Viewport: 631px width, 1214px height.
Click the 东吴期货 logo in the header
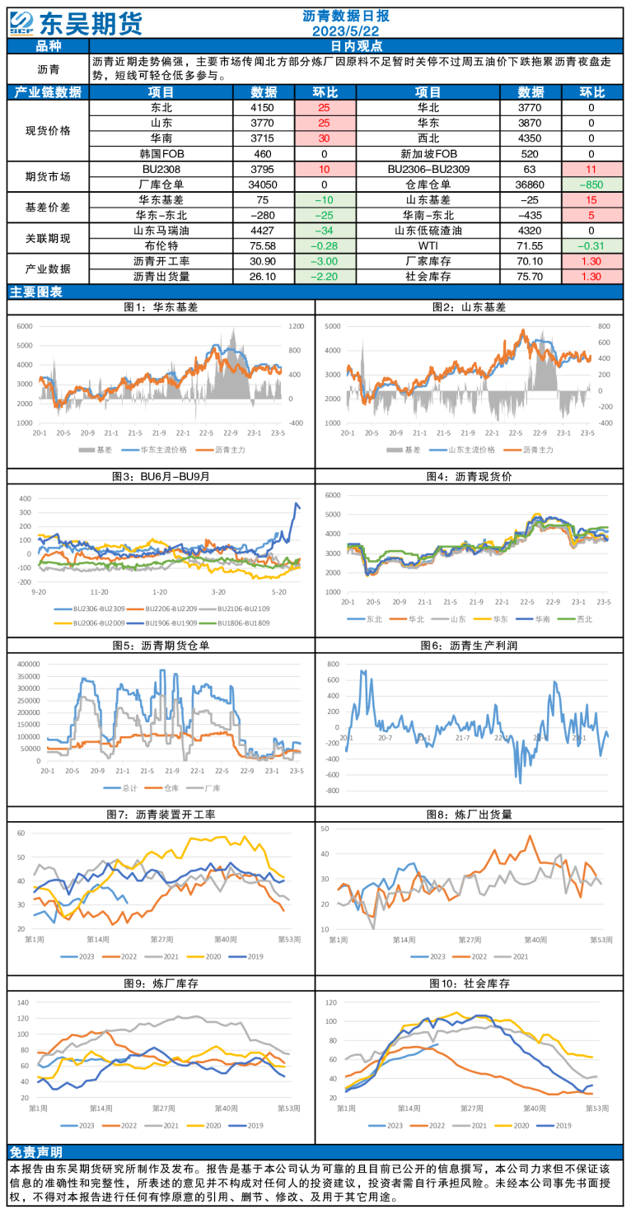(76, 23)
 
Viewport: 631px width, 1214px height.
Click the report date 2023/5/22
(345, 31)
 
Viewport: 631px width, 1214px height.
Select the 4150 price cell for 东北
(263, 108)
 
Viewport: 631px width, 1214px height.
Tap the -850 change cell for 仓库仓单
(591, 184)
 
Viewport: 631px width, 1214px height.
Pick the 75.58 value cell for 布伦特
(263, 246)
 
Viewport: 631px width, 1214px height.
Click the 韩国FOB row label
(161, 154)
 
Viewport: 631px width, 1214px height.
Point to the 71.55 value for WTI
(530, 246)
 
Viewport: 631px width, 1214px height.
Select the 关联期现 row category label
(49, 239)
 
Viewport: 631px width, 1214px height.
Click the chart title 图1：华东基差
(161, 307)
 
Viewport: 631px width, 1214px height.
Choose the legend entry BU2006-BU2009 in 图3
(90, 623)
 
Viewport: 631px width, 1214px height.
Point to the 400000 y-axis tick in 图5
(29, 664)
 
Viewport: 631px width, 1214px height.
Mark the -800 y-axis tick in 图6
(332, 791)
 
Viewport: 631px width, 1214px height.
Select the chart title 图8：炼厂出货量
(469, 815)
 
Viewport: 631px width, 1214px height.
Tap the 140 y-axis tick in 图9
(23, 1002)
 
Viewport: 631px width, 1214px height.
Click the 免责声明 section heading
(35, 1152)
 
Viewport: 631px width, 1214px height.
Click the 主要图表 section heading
(35, 292)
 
